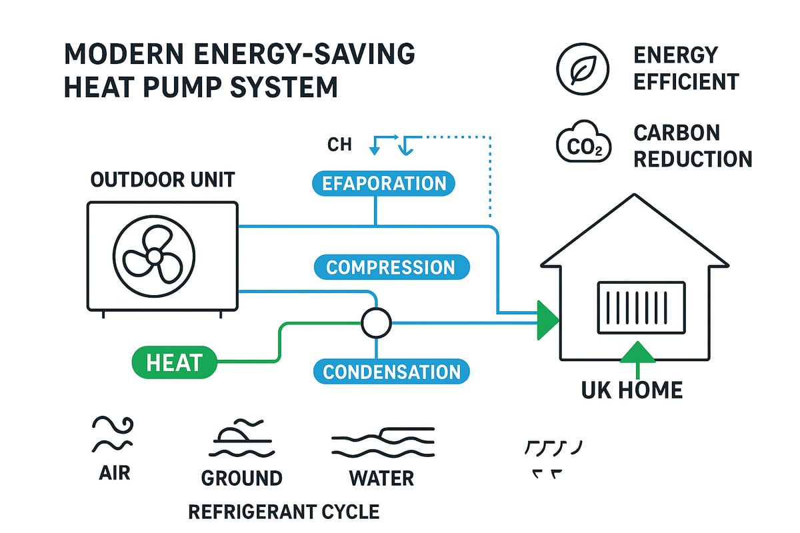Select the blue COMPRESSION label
(x=391, y=268)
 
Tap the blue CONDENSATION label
(x=391, y=371)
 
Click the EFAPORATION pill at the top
(x=384, y=184)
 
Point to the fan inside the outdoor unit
(x=154, y=255)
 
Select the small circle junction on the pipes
(x=375, y=324)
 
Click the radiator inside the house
(x=641, y=307)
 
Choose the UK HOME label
(x=632, y=390)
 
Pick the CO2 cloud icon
(x=583, y=143)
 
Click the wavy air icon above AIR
(x=111, y=434)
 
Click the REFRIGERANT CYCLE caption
(x=284, y=512)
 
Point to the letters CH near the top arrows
(x=339, y=145)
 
